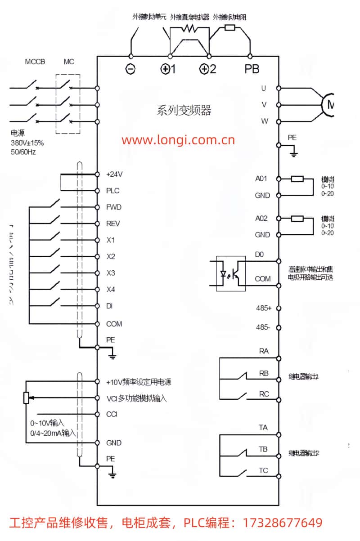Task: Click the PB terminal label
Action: [252, 70]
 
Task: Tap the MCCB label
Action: [35, 62]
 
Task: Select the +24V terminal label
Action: [114, 174]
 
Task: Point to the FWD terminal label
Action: [114, 207]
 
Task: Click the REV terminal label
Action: [113, 224]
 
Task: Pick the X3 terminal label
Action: [111, 273]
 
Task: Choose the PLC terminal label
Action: [113, 191]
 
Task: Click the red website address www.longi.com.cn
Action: [178, 140]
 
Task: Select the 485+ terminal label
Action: [263, 308]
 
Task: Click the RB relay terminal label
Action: [264, 373]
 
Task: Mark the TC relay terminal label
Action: [263, 471]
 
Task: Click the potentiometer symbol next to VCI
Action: [26, 398]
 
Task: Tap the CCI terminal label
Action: [112, 414]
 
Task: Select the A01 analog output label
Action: [261, 179]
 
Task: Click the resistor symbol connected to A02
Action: [297, 219]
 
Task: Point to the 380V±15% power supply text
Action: [27, 143]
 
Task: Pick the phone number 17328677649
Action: [283, 523]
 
